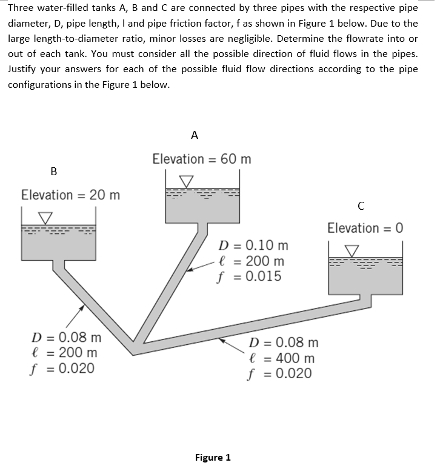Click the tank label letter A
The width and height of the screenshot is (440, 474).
194,135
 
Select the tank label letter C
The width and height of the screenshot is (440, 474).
361,206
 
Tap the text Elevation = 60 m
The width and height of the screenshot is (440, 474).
201,159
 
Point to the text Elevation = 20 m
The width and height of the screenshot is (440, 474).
70,195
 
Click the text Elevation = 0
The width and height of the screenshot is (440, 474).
365,228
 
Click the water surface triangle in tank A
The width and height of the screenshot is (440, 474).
187,181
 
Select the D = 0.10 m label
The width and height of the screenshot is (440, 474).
253,246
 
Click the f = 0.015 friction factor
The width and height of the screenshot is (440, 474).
249,277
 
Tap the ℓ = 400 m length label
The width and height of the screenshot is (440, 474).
282,358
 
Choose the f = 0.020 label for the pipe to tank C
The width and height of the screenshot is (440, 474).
281,373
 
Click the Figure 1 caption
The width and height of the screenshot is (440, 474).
213,457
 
